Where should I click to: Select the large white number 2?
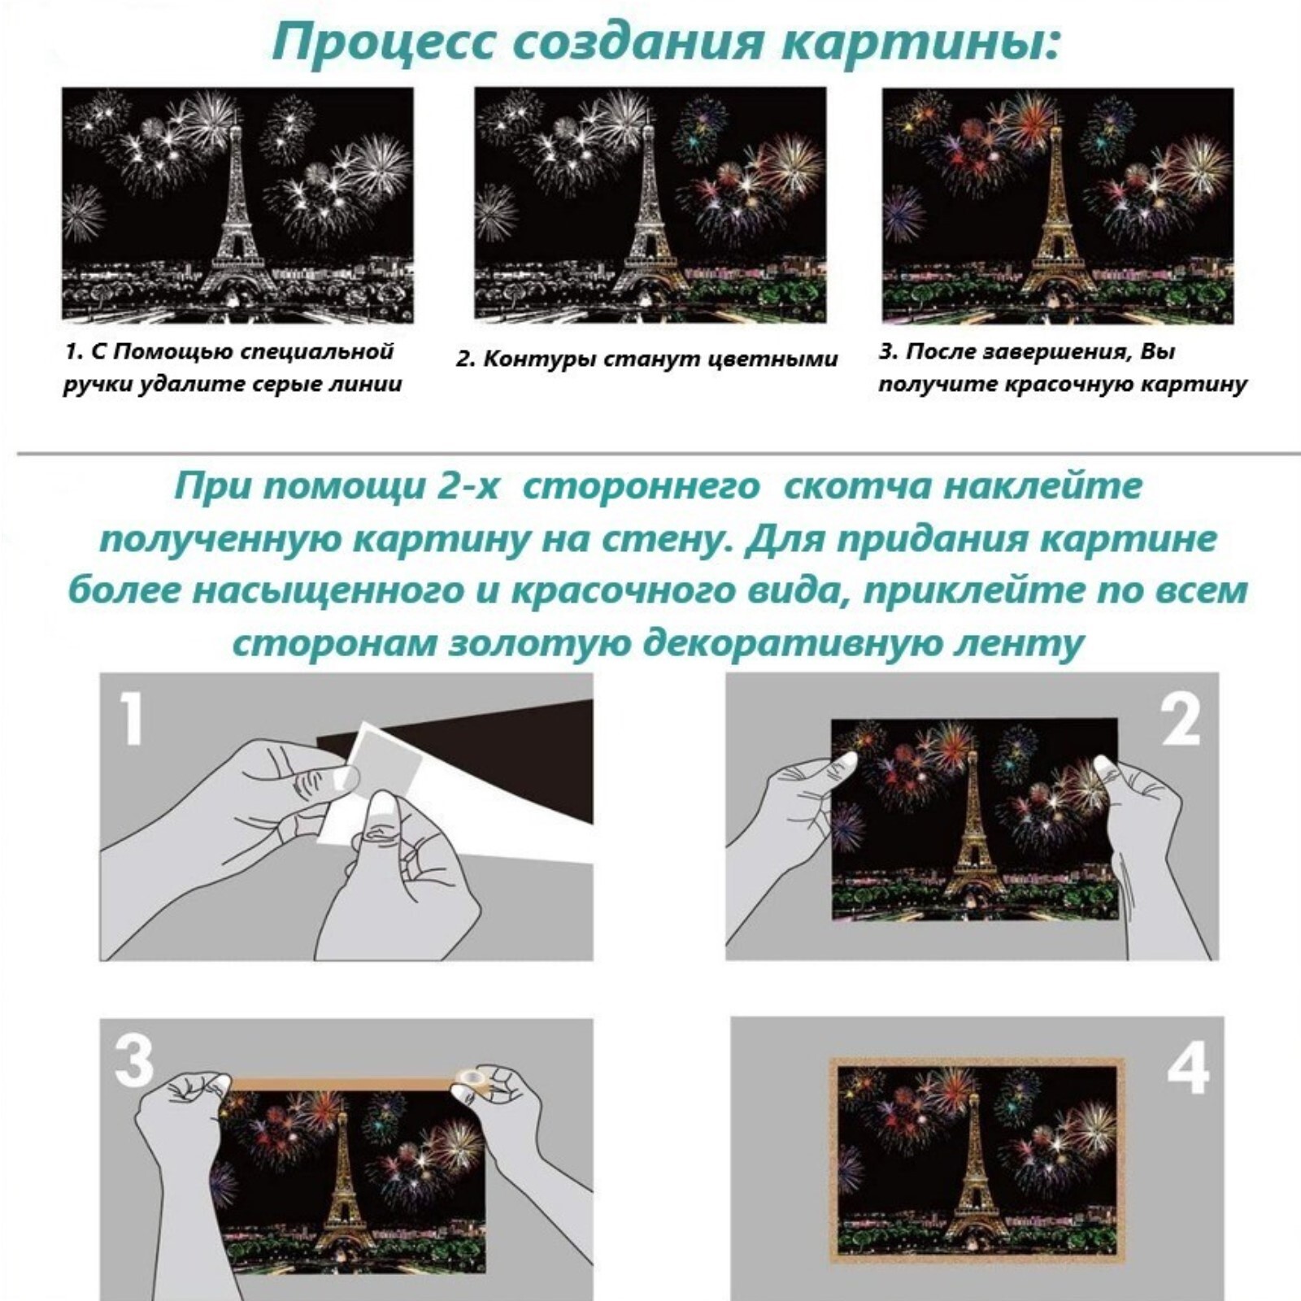pos(1181,719)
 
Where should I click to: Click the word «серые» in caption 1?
pos(273,384)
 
